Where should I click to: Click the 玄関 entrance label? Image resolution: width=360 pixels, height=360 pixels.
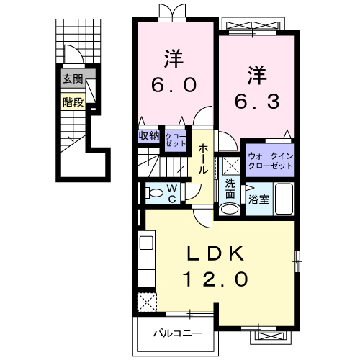click(71, 79)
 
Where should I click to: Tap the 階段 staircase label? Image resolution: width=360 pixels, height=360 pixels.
click(72, 102)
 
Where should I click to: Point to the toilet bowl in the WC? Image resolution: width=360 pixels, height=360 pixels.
click(153, 192)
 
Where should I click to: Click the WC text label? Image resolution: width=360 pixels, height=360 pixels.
click(173, 192)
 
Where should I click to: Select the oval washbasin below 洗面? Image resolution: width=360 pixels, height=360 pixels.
click(230, 210)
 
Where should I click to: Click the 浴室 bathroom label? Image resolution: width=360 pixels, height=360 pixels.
click(259, 199)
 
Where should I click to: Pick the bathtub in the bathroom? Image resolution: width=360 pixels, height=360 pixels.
click(284, 199)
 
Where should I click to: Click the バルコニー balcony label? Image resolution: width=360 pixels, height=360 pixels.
click(176, 333)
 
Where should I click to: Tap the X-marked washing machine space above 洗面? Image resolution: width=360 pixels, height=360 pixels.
click(230, 166)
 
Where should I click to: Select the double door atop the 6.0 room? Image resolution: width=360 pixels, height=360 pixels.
click(168, 12)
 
